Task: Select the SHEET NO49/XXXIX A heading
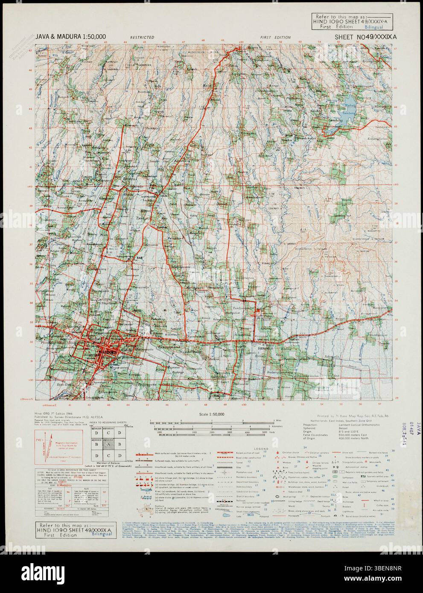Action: pyautogui.click(x=366, y=37)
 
